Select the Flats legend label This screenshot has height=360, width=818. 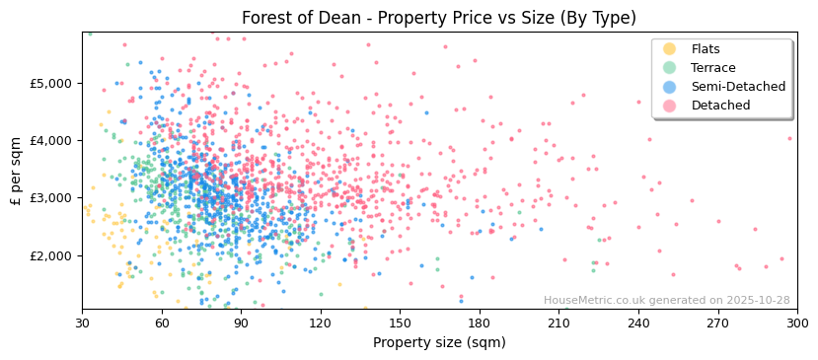coord(706,49)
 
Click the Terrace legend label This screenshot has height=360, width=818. coord(712,68)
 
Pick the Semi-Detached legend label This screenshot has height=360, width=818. coord(738,87)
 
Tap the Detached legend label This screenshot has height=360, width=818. coord(720,106)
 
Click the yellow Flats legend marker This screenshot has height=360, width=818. coord(670,49)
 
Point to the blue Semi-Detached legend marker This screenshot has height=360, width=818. coord(670,87)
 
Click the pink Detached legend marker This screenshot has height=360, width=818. coord(670,106)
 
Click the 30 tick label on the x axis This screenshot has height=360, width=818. coord(82,323)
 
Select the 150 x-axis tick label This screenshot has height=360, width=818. coord(400,323)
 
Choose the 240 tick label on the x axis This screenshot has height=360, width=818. coord(638,323)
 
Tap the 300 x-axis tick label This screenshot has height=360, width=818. coord(796,323)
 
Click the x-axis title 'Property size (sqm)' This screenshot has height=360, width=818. coord(439,342)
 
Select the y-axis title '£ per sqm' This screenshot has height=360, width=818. coord(17,171)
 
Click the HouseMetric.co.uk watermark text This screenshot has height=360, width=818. coord(666,301)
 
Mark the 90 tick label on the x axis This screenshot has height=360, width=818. coord(241,323)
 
